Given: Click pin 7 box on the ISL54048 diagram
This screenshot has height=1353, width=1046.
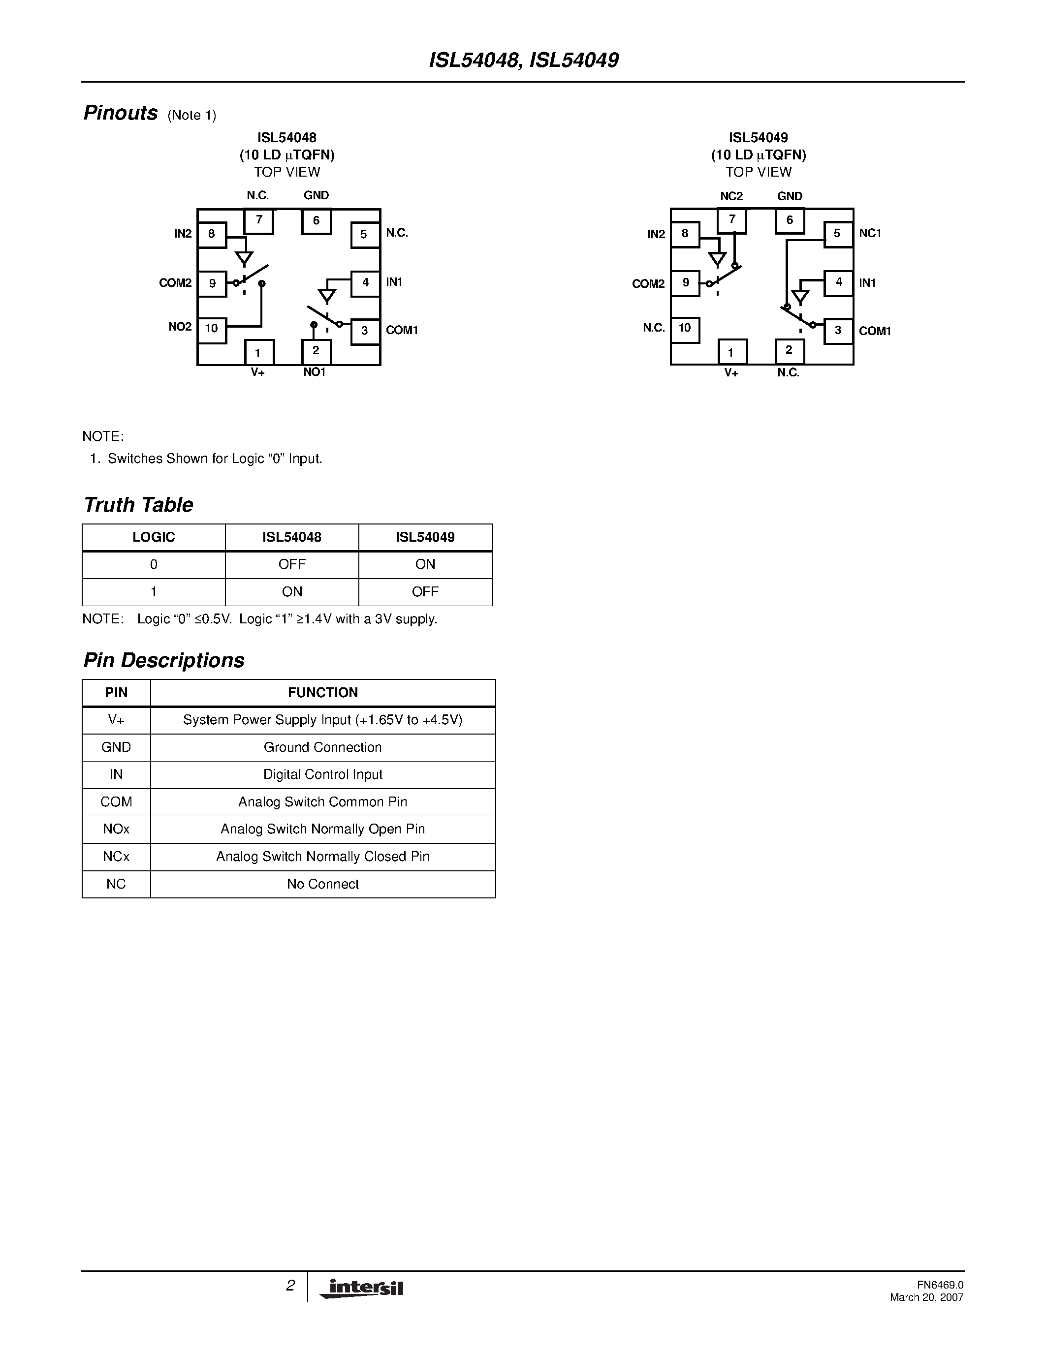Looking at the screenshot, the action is pyautogui.click(x=258, y=220).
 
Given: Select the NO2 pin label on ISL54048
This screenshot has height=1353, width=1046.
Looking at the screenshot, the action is pyautogui.click(x=180, y=327).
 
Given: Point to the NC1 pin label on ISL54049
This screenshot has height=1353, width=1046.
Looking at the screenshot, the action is pyautogui.click(x=870, y=234).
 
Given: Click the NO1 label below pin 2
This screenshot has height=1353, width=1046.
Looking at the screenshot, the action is pyautogui.click(x=314, y=372).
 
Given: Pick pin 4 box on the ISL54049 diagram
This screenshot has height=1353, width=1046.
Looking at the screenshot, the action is pyautogui.click(x=838, y=282).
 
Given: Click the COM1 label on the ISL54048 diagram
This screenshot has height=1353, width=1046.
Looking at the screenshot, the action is pyautogui.click(x=402, y=330).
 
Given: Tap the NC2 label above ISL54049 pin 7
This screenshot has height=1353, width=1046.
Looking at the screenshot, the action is pyautogui.click(x=731, y=196).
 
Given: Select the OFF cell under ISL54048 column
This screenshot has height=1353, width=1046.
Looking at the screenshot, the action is pyautogui.click(x=292, y=564).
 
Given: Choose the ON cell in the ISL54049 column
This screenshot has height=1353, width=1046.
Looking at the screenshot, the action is pyautogui.click(x=425, y=564).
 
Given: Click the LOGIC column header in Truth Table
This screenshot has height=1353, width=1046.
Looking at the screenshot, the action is pyautogui.click(x=154, y=537).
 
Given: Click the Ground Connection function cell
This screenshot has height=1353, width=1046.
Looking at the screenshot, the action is pyautogui.click(x=322, y=747).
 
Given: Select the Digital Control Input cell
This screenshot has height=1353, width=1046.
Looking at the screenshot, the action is pyautogui.click(x=322, y=774).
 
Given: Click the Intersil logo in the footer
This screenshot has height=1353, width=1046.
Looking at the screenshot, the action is pyautogui.click(x=362, y=1288).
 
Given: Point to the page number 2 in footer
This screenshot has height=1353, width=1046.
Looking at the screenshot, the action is pyautogui.click(x=290, y=1286).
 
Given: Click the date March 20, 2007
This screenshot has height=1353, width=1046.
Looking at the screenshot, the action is pyautogui.click(x=926, y=1297).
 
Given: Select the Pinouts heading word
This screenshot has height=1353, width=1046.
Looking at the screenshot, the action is pyautogui.click(x=120, y=113).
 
